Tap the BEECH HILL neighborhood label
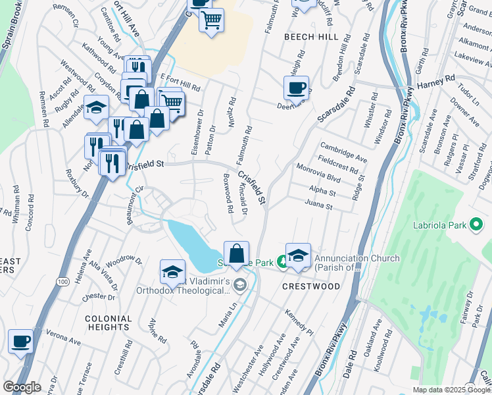pos(310,38)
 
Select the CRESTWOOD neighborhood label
pos(311,286)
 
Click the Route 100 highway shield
pos(62,282)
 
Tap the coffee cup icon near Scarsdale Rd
pos(296,88)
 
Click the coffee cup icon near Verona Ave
pos(20,341)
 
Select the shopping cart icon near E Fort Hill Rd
pos(171,101)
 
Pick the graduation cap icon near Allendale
pos(96,107)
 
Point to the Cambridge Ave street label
pos(343,151)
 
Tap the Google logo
pos(21,387)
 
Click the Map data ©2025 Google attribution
pos(451,390)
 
